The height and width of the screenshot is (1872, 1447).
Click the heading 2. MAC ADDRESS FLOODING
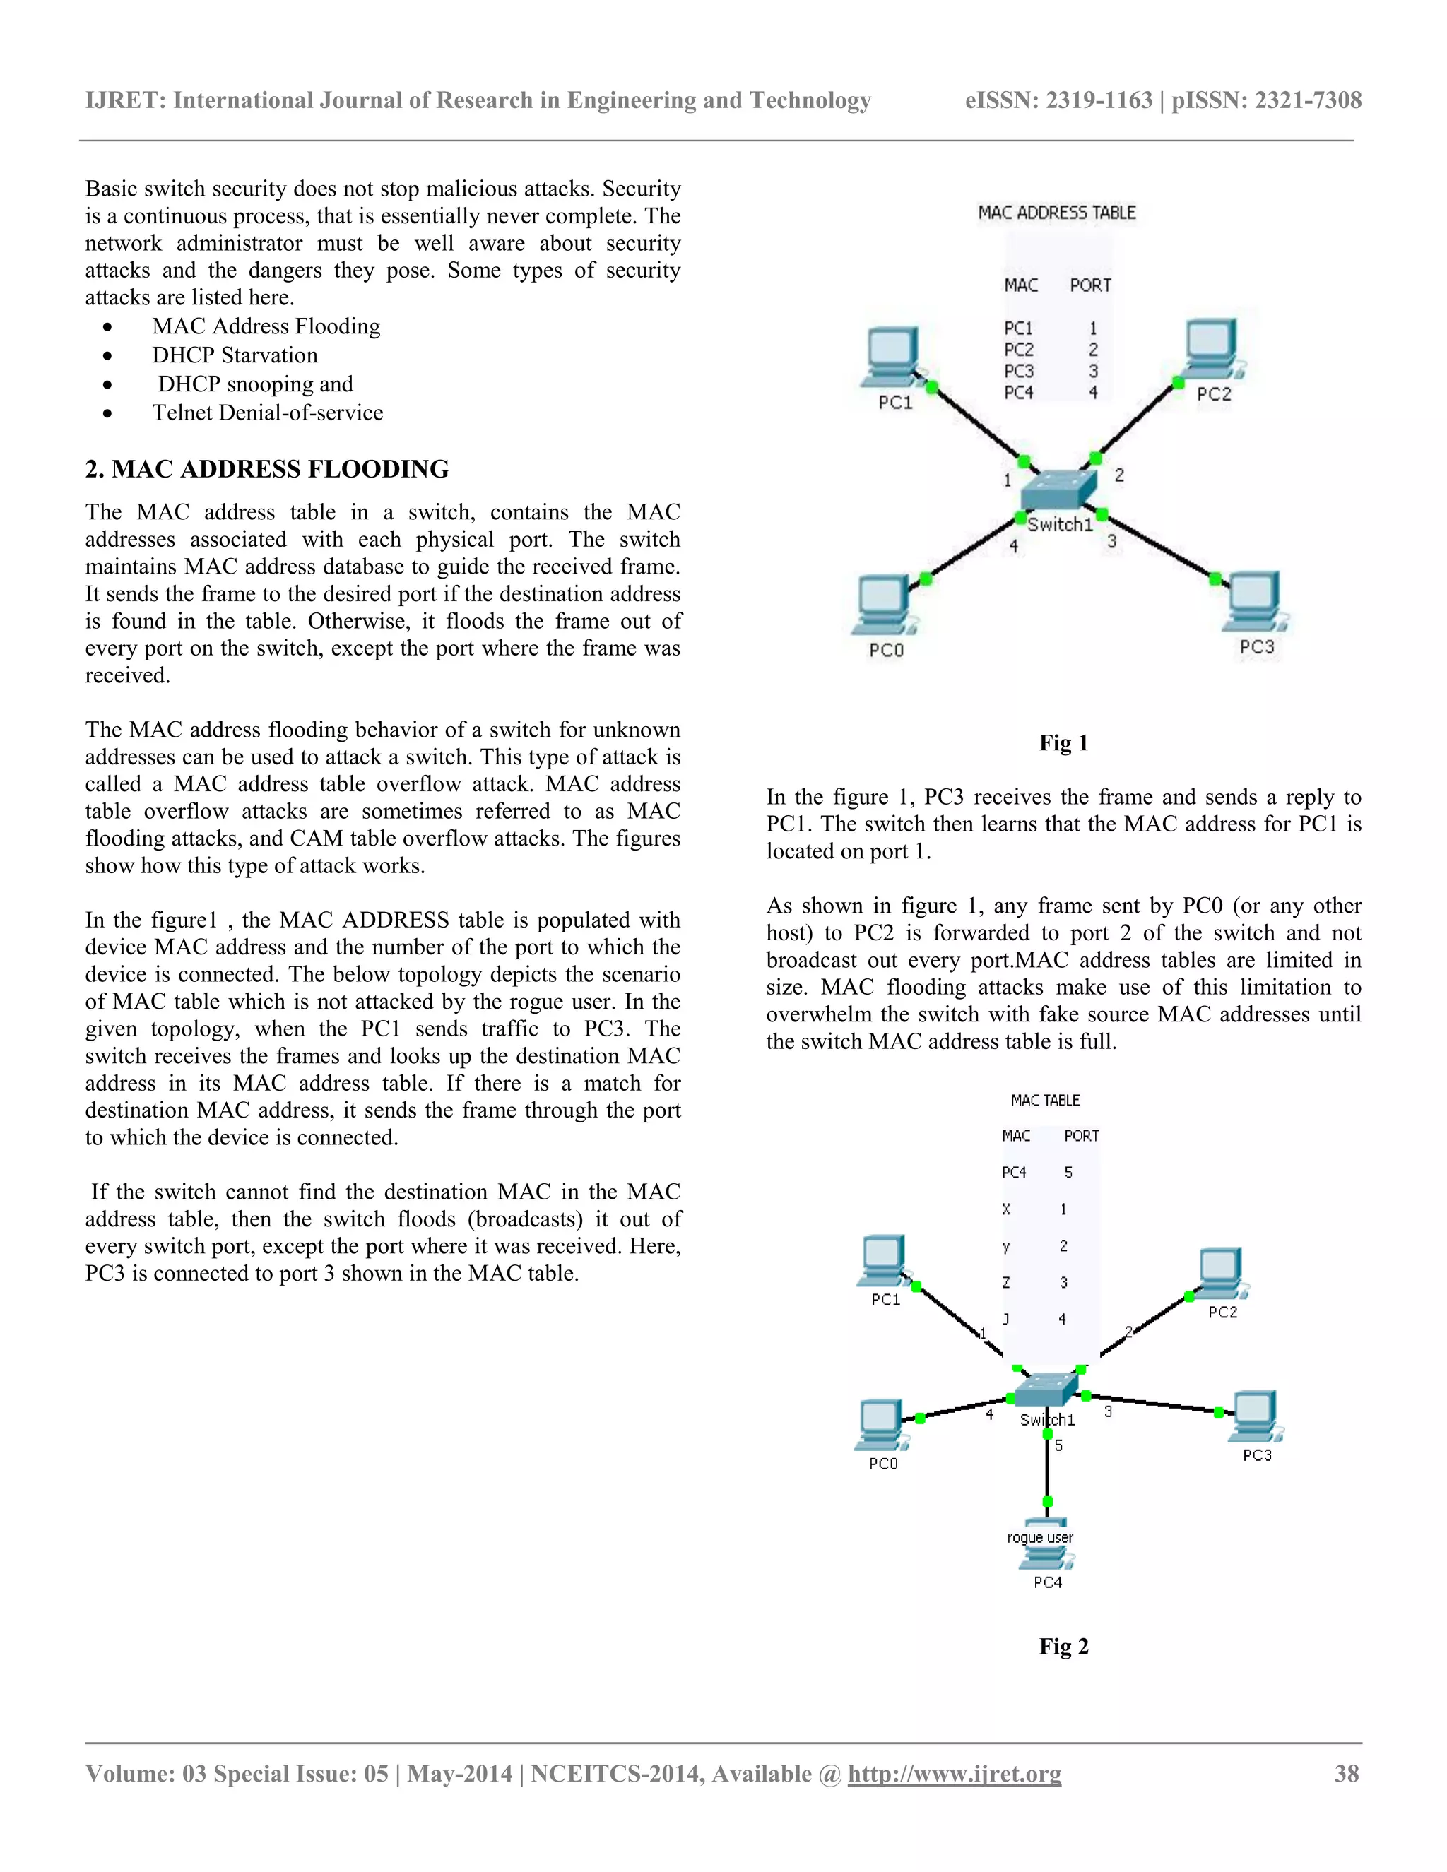(x=266, y=469)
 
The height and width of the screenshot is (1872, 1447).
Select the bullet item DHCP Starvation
(x=235, y=355)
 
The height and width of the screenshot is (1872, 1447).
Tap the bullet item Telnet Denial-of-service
(x=268, y=413)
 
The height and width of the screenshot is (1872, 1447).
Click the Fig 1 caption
(x=1063, y=742)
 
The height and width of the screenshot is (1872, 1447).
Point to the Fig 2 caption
(x=1063, y=1646)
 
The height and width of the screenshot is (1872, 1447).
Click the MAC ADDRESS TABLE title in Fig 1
(x=1057, y=213)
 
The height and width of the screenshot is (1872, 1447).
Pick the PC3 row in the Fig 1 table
(x=1050, y=371)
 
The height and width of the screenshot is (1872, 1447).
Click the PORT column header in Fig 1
(x=1089, y=285)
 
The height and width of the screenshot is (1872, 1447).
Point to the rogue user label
(x=1040, y=1537)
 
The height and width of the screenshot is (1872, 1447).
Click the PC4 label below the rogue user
(x=1048, y=1582)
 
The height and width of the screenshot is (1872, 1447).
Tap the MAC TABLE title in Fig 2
(x=1045, y=1100)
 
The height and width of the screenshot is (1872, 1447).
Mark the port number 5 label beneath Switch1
(x=1058, y=1445)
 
